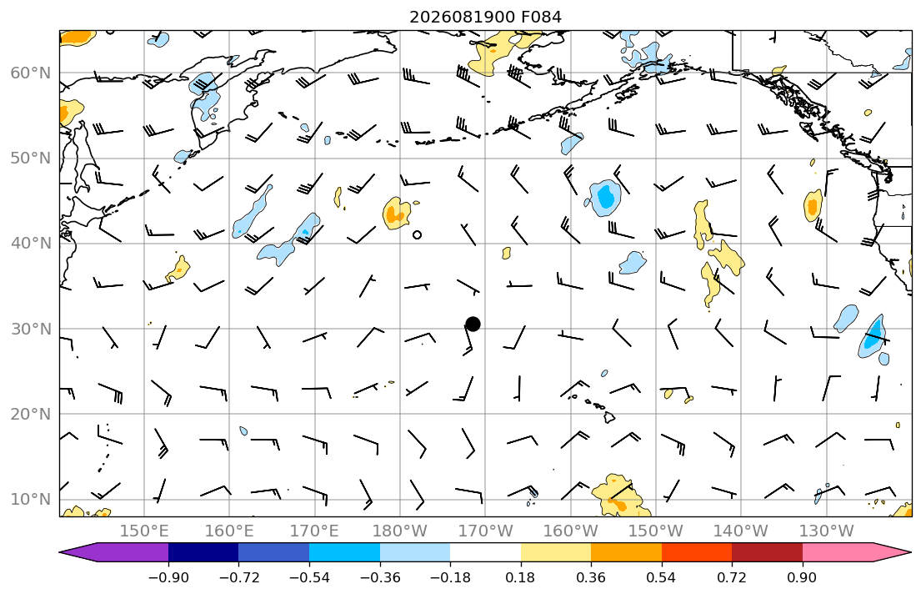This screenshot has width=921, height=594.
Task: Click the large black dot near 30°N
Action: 473,324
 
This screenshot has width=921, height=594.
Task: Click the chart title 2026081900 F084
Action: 485,17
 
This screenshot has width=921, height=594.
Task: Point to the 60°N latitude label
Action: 31,73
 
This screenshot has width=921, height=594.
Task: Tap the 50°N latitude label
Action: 31,159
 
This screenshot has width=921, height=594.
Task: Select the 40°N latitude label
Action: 31,244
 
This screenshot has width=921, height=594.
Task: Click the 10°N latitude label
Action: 31,500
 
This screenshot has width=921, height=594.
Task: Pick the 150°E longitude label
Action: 144,531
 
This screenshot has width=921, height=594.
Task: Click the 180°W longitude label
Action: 400,531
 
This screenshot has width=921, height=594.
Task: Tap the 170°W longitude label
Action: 485,531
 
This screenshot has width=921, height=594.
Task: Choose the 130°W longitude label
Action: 827,531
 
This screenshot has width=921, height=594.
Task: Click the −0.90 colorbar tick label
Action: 168,578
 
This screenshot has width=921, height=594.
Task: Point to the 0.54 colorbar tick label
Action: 662,578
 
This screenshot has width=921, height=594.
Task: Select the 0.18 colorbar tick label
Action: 520,578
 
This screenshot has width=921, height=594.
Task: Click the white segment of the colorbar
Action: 485,553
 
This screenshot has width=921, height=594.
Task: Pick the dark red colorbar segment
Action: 767,553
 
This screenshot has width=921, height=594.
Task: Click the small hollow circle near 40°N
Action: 417,235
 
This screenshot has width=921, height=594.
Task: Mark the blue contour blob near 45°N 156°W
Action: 604,199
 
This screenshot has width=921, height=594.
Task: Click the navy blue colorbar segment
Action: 203,553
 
